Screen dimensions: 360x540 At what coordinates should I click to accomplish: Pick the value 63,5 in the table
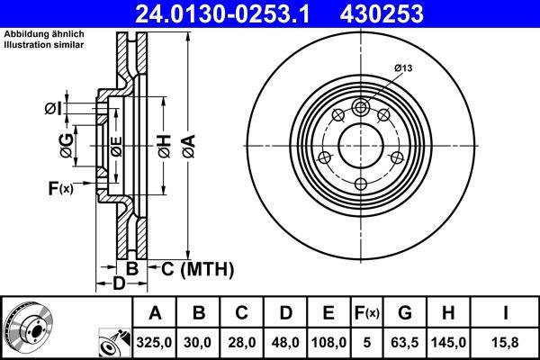click(406, 343)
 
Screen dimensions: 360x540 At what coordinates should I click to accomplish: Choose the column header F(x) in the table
click(367, 313)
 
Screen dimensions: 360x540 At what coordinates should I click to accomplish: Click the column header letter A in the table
click(155, 313)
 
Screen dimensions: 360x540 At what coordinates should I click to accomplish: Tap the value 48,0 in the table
click(284, 343)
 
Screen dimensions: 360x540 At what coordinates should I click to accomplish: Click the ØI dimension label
click(53, 110)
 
